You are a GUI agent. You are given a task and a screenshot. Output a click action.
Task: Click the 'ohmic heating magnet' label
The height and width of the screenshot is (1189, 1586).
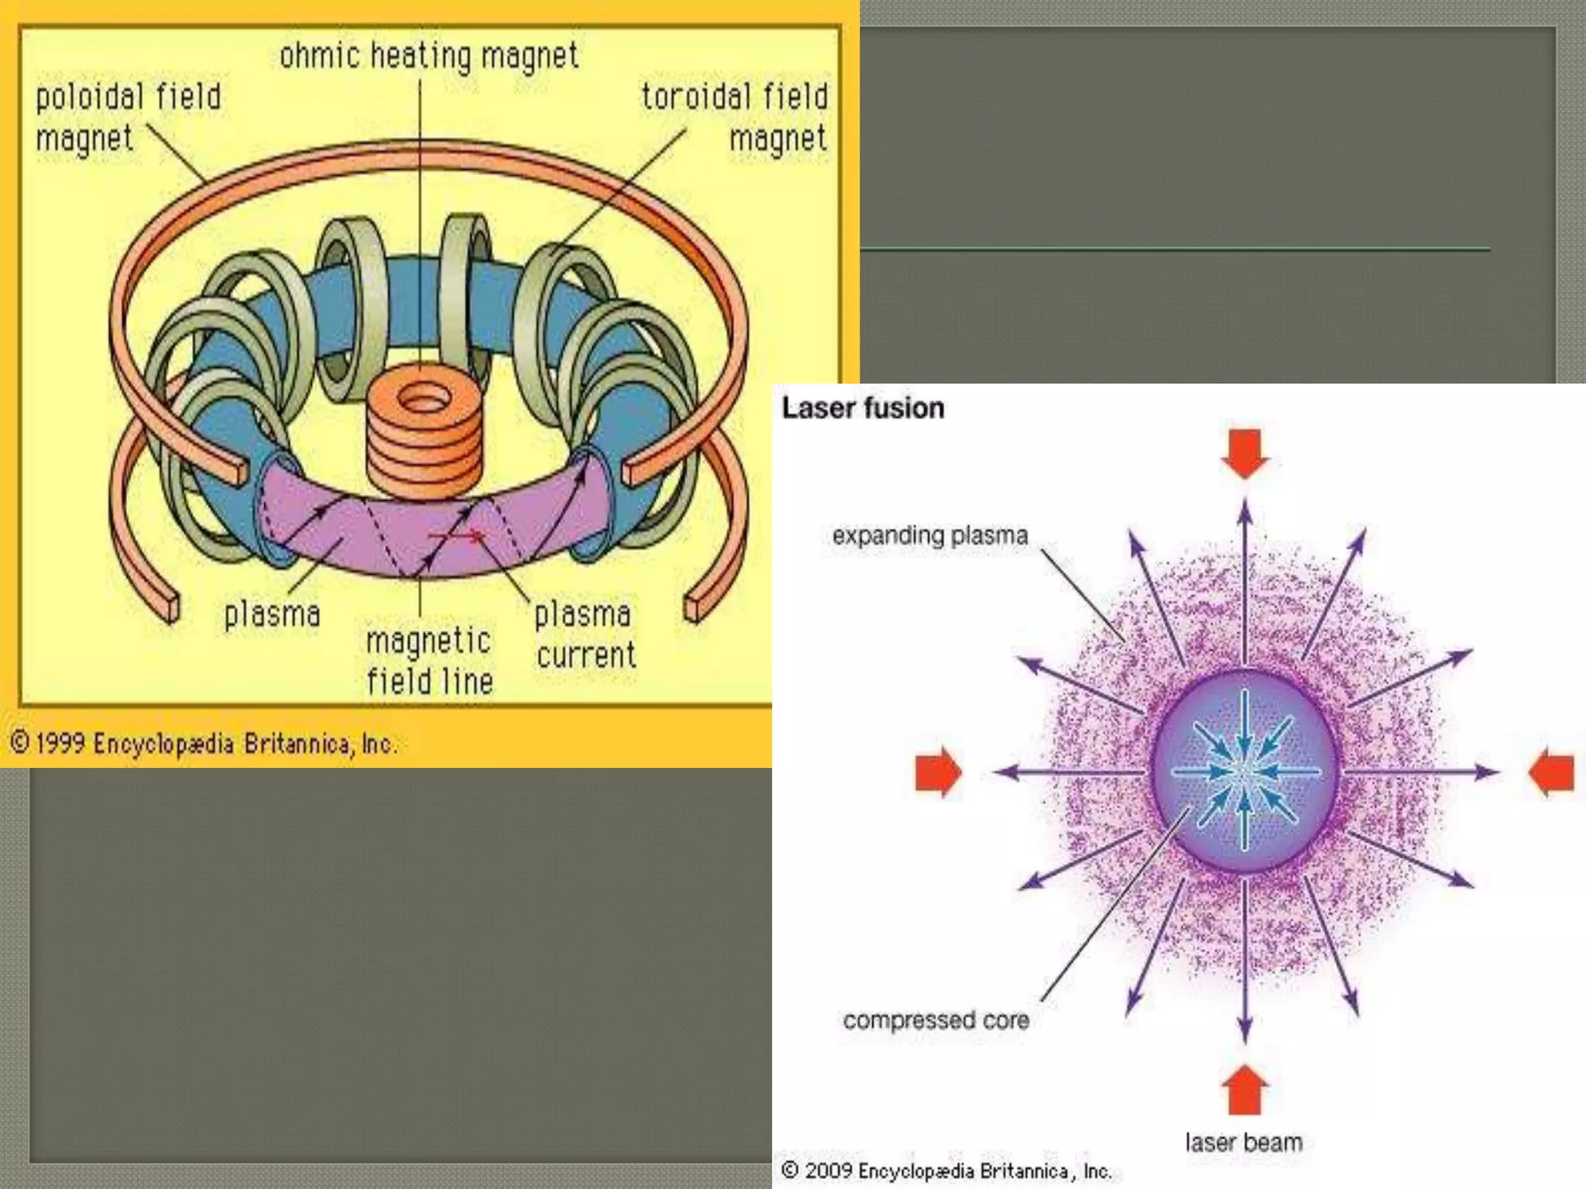[x=429, y=56]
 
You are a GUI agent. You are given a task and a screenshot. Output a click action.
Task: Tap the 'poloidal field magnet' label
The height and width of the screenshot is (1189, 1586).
[x=128, y=118]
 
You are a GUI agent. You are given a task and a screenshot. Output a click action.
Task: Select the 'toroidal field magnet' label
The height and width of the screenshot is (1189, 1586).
[x=734, y=118]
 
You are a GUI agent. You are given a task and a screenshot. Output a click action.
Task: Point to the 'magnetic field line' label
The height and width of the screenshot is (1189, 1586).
[x=429, y=661]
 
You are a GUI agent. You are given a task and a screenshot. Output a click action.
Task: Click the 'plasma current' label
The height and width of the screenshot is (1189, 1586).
[x=585, y=635]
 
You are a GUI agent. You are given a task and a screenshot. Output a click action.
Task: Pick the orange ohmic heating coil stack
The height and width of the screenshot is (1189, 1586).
[x=423, y=433]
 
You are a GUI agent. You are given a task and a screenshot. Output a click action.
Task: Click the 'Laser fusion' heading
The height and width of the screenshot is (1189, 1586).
[x=863, y=408]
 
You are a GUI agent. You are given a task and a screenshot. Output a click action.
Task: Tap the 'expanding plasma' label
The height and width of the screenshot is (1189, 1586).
[x=930, y=536]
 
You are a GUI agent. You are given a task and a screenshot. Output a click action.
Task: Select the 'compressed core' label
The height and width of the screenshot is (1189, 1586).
[x=935, y=1020]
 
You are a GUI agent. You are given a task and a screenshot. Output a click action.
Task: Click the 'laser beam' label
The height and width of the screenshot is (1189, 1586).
[x=1244, y=1143]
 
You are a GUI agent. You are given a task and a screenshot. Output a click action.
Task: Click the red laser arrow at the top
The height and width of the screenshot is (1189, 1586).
[x=1244, y=453]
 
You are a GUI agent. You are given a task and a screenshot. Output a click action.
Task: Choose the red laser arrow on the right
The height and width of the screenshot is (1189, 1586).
[x=1552, y=772]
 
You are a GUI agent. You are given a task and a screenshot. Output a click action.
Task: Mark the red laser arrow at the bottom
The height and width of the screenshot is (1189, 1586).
[x=1244, y=1090]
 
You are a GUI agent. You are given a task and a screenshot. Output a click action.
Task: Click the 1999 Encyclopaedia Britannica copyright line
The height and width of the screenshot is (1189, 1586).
[x=203, y=744]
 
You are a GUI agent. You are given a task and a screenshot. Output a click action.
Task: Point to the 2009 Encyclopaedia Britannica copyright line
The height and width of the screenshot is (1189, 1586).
[x=946, y=1170]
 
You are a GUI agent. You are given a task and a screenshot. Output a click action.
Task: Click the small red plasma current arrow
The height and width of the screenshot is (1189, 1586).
[x=457, y=535]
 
